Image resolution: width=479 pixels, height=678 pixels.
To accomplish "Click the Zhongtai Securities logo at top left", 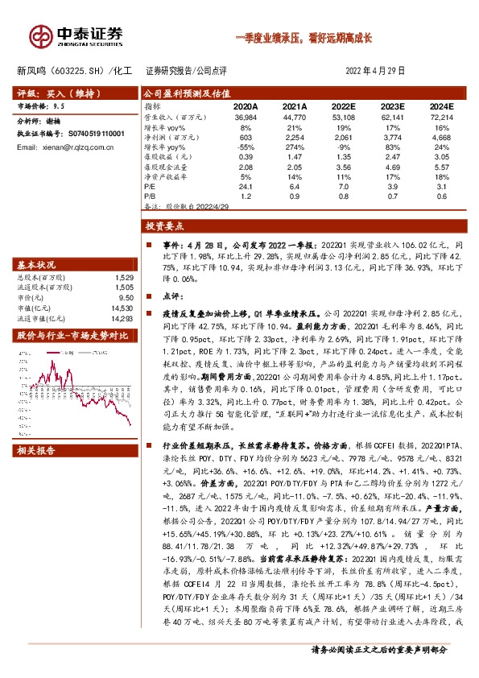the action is pos(76,35).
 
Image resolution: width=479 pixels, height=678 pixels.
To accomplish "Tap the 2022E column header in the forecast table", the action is pos(344,106).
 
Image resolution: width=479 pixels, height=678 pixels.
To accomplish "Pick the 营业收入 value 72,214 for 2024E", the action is pos(439,118).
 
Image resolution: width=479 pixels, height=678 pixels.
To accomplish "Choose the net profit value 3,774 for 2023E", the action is pos(391,138).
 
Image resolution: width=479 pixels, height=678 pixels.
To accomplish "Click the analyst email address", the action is pos(60,148).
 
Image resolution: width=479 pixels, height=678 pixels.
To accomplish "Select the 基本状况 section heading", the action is pos(37,264).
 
